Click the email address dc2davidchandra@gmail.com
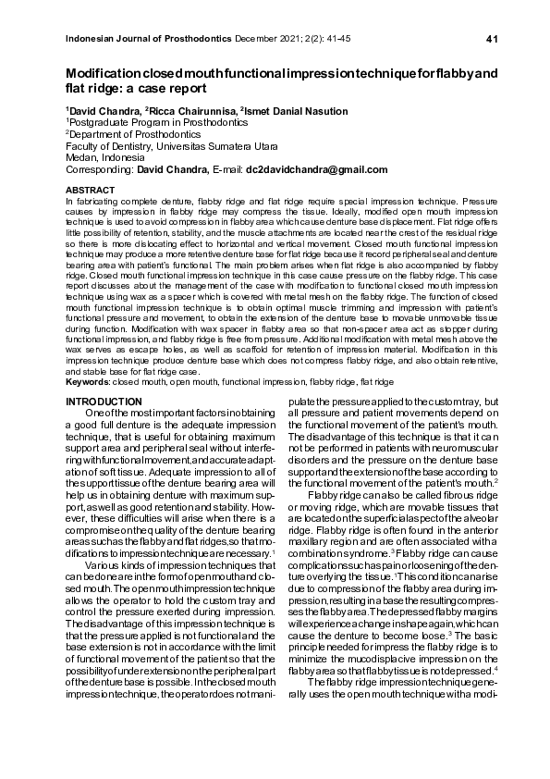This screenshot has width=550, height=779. (x=315, y=169)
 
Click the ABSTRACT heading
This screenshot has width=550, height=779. (x=84, y=189)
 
